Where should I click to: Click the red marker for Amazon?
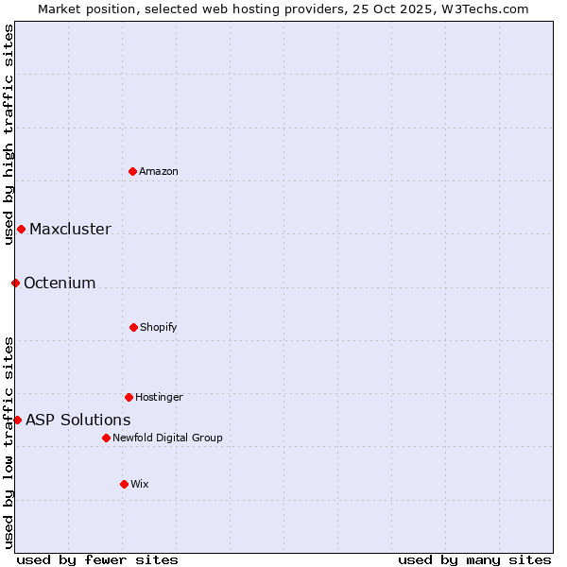click(132, 171)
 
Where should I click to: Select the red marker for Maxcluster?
click(21, 229)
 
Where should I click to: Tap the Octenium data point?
click(15, 283)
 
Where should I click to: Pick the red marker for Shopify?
click(133, 327)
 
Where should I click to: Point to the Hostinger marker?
click(129, 397)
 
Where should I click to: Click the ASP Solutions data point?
click(17, 420)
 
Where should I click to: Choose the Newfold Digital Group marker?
click(106, 438)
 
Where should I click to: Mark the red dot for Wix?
click(124, 484)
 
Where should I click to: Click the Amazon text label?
click(159, 171)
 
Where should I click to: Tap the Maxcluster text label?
click(70, 229)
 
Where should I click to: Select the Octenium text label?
click(60, 283)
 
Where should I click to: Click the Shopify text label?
click(159, 327)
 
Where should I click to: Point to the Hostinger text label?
click(159, 397)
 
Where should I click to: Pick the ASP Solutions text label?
click(78, 420)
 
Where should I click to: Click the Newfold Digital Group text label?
click(167, 438)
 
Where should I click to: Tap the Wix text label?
click(140, 484)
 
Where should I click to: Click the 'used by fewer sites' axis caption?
click(97, 559)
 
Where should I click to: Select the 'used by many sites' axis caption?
click(474, 559)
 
